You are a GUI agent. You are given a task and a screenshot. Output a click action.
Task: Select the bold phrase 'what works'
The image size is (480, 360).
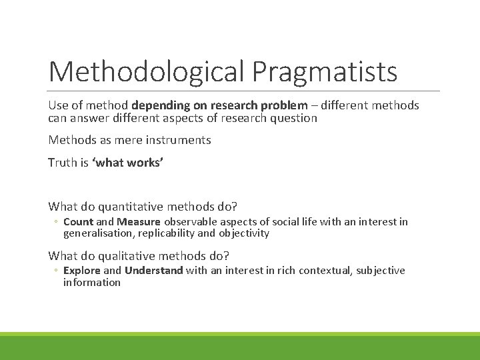[x=118, y=162]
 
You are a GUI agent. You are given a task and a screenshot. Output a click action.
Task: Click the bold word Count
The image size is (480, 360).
[x=78, y=221]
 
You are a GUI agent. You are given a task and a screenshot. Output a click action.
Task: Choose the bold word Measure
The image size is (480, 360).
[x=139, y=221]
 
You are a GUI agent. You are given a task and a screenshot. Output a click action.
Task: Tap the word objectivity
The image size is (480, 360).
[x=244, y=233]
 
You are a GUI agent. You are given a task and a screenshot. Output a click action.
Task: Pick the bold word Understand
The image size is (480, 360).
[x=153, y=270]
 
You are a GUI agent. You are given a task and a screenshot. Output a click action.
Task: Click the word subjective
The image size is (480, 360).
[x=380, y=270]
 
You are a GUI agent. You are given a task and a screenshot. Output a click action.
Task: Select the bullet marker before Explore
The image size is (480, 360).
[x=57, y=271]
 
